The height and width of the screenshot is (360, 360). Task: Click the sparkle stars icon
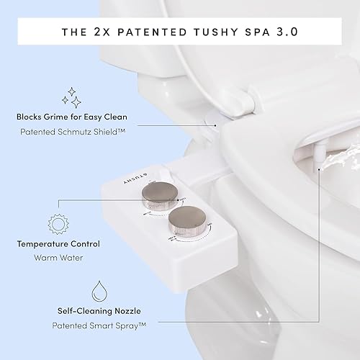[73, 97]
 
